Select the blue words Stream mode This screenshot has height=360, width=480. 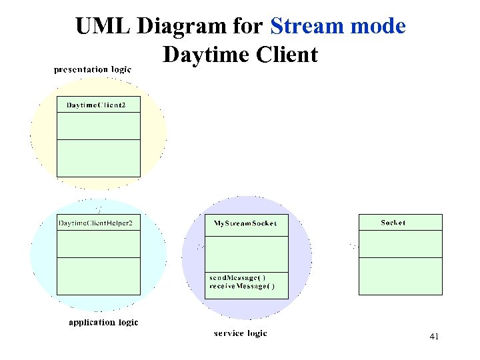pyautogui.click(x=338, y=27)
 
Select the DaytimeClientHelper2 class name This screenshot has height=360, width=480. pyautogui.click(x=98, y=223)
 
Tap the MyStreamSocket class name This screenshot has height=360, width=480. pyautogui.click(x=246, y=223)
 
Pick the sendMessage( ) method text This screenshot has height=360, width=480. pyautogui.click(x=237, y=277)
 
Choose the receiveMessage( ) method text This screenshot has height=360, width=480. pyautogui.click(x=241, y=287)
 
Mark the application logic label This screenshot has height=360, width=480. pyautogui.click(x=103, y=322)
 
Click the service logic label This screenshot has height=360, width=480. pyautogui.click(x=240, y=333)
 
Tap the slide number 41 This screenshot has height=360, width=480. pyautogui.click(x=434, y=337)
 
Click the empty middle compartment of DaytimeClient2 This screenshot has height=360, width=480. pyautogui.click(x=98, y=126)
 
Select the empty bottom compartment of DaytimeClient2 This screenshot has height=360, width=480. pyautogui.click(x=98, y=158)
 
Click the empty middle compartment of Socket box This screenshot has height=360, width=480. pyautogui.click(x=400, y=244)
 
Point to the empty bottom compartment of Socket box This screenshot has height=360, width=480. pyautogui.click(x=400, y=276)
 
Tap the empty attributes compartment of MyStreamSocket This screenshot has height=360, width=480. pyautogui.click(x=246, y=254)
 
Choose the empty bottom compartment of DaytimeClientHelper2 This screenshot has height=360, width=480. pyautogui.click(x=98, y=276)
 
